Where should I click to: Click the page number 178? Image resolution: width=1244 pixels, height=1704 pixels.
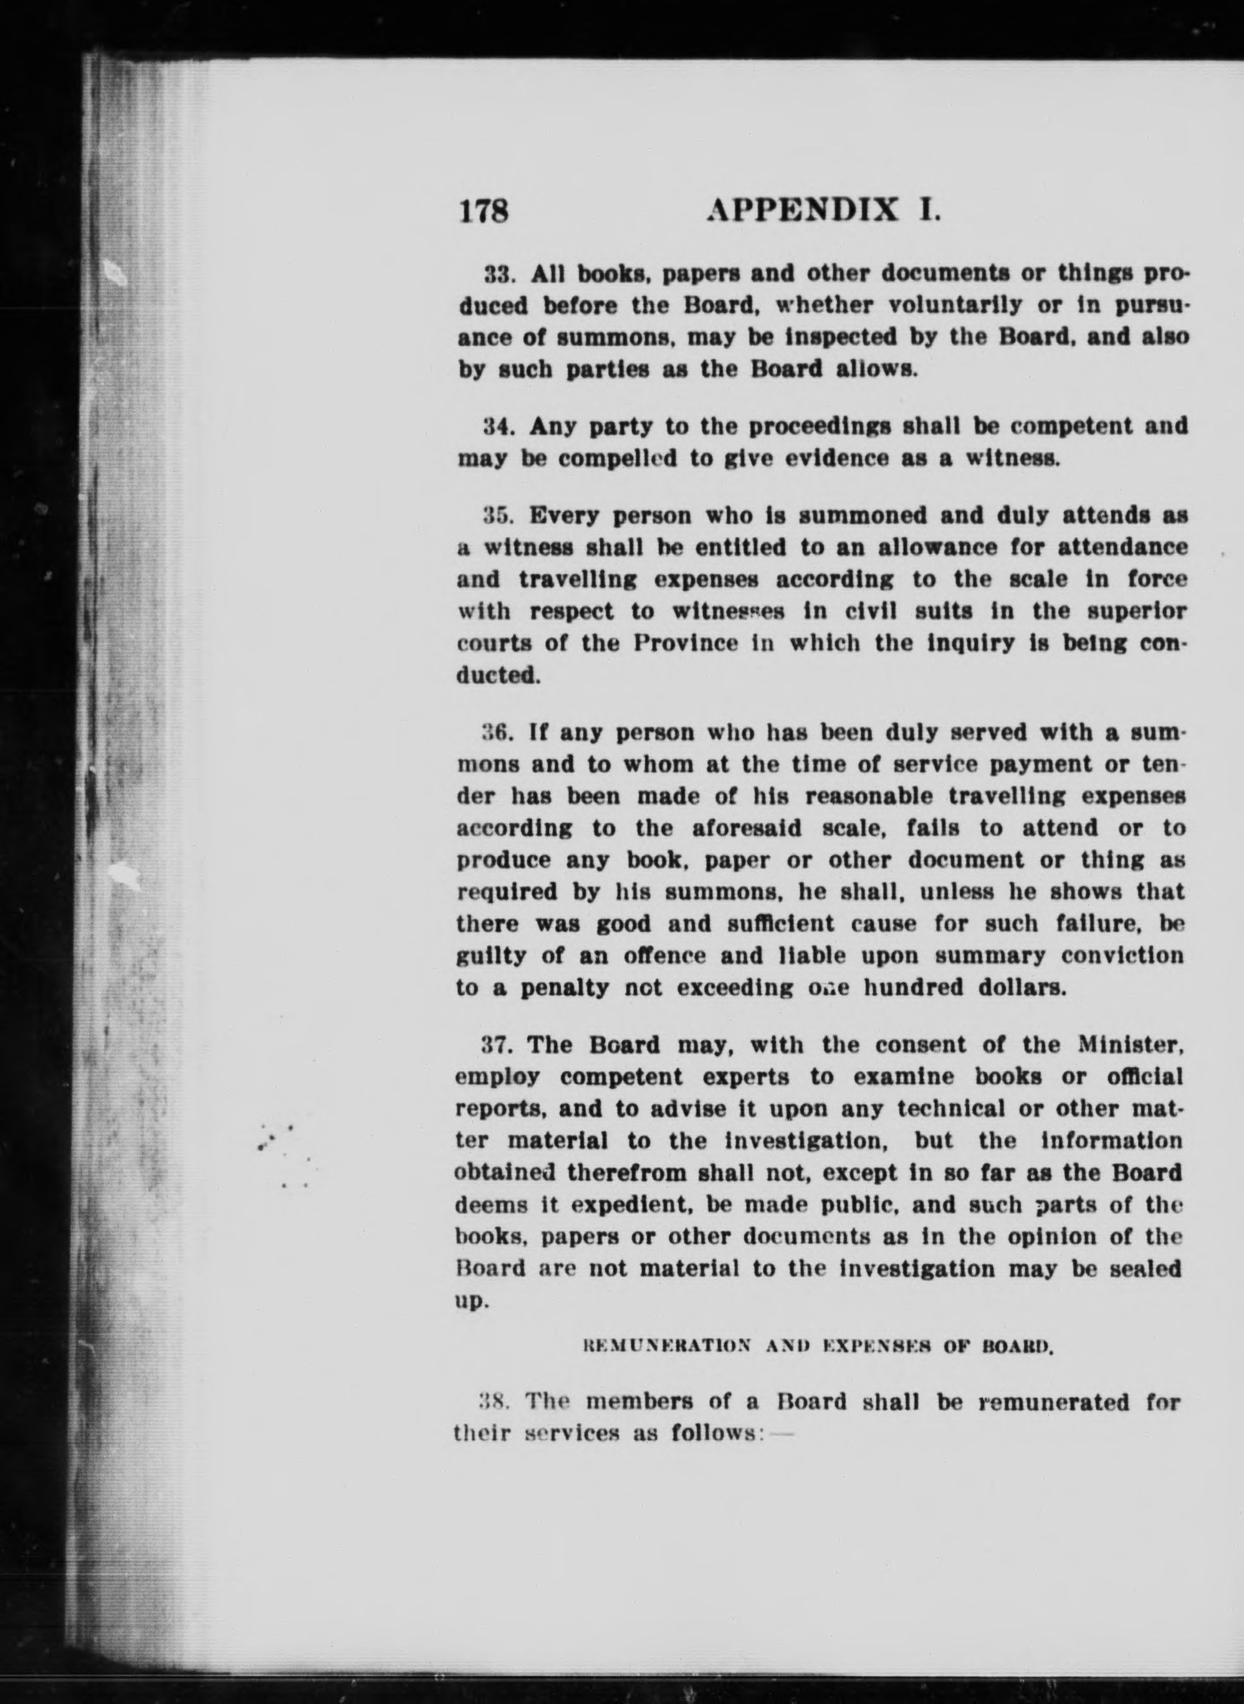484,210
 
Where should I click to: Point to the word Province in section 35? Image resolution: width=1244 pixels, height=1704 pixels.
685,644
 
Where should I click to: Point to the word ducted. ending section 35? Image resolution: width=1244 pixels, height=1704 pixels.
499,675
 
